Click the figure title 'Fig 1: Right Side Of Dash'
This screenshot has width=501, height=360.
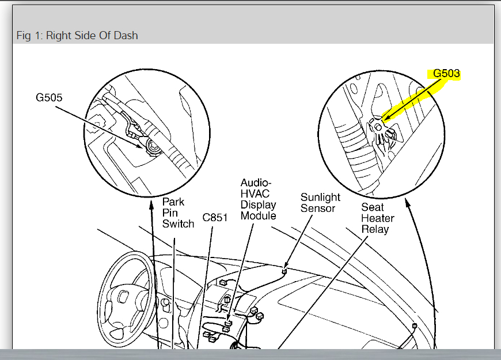[77, 36]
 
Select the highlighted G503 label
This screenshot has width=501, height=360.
[446, 74]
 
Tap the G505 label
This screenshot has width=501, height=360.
[49, 97]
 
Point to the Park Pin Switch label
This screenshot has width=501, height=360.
[178, 213]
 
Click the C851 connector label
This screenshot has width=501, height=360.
[215, 218]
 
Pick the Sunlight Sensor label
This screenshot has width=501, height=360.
[320, 203]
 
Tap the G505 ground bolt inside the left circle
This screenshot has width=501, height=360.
[153, 148]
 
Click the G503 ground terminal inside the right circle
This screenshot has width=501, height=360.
[378, 126]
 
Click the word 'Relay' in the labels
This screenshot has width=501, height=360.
[375, 229]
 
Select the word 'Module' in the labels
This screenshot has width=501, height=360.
[258, 216]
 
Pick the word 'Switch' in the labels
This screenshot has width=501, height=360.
[178, 223]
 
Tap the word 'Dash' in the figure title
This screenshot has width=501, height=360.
[126, 36]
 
